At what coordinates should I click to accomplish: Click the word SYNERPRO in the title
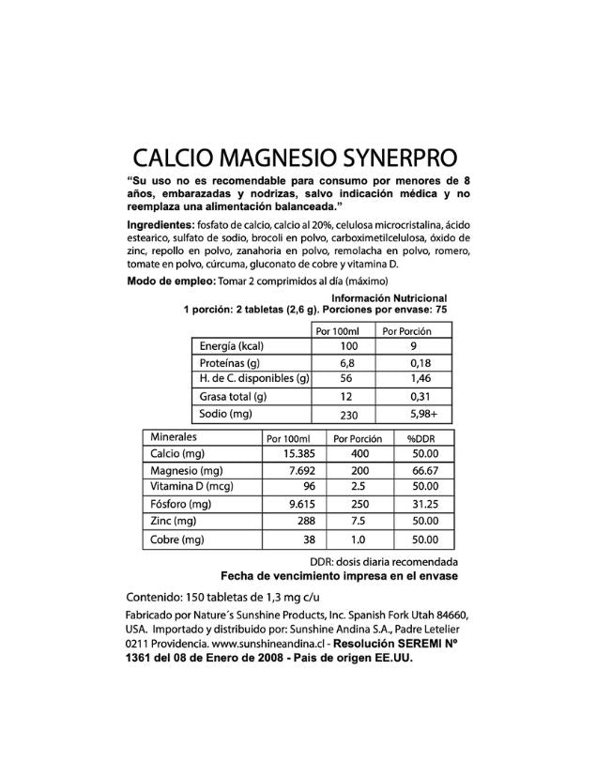coord(405,155)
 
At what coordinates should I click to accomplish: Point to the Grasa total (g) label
coord(236,396)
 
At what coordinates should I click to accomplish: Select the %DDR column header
coord(420,438)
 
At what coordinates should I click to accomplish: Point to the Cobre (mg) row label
coord(177,540)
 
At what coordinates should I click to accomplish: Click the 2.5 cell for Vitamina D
coord(352,487)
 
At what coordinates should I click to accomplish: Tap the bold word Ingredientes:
coord(159,225)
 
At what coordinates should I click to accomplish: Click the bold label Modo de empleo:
coord(170,281)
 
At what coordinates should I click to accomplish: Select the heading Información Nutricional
coord(395,298)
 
